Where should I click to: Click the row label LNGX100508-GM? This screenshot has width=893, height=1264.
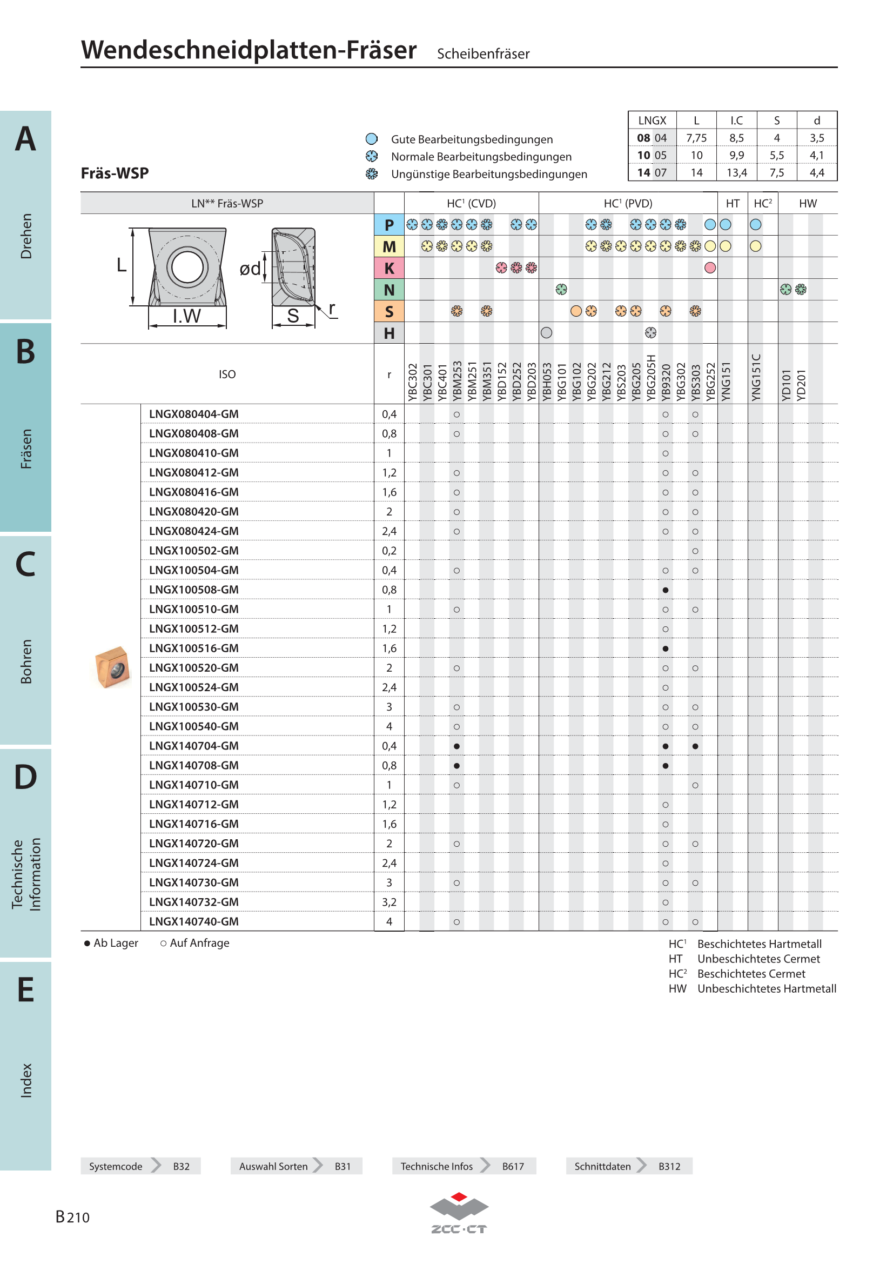pos(194,590)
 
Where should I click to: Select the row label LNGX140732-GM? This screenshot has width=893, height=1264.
pos(194,902)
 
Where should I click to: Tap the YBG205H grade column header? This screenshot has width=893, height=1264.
pos(650,378)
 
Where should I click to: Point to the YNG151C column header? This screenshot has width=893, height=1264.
pos(755,378)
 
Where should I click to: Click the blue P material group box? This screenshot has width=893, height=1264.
pos(389,225)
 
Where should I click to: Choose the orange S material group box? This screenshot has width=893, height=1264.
pos(389,312)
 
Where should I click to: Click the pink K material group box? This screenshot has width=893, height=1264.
pos(389,268)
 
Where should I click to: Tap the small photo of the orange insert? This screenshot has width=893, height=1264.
pos(112,667)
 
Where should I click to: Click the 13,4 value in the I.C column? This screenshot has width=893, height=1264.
pos(736,173)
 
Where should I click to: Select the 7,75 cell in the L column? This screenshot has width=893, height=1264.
pos(696,138)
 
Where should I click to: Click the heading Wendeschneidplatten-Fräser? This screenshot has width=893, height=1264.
pos(249,50)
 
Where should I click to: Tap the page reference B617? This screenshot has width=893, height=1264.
pos(513,1166)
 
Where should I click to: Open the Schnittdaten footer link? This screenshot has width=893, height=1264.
pos(602,1166)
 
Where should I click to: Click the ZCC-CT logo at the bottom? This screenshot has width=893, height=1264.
pos(459,1213)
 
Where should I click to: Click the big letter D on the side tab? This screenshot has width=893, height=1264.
pos(26,777)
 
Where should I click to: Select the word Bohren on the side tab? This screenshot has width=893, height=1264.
pos(26,661)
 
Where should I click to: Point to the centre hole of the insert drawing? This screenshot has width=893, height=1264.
pos(187,267)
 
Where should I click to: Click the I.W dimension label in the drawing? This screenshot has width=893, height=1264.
pos(186,316)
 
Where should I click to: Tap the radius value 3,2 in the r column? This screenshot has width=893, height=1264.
pos(389,902)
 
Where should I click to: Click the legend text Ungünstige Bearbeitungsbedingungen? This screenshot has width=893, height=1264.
pos(489,174)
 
